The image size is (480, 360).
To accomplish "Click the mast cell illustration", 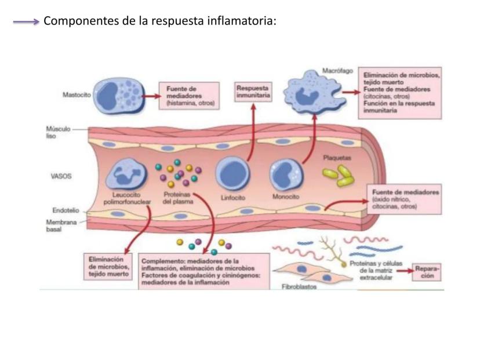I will point(118,94).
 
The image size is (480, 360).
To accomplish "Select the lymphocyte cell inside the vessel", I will point(233,173).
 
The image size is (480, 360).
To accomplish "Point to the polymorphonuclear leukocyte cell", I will point(128,172).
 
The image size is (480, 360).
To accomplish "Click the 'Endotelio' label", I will point(58,211).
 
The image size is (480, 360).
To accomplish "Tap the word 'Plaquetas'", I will point(337,157).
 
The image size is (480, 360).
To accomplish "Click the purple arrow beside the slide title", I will point(26,21).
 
